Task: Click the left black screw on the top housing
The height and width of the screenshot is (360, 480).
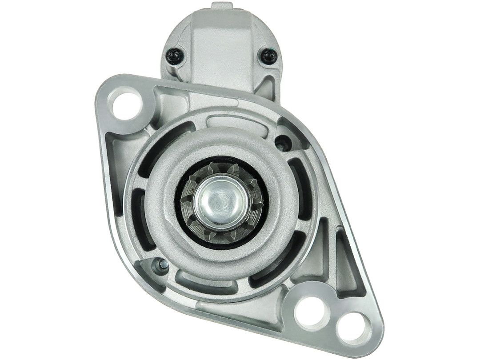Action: click(x=174, y=56)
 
